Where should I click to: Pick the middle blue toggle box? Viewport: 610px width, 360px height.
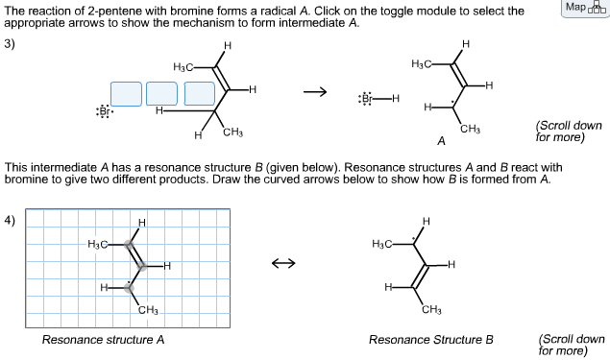click(x=162, y=93)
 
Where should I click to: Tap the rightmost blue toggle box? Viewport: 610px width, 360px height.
click(x=199, y=93)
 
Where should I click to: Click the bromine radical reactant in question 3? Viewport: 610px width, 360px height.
click(x=105, y=111)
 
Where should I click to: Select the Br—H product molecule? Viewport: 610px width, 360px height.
click(x=378, y=98)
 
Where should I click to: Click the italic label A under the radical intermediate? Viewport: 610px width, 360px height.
click(x=441, y=142)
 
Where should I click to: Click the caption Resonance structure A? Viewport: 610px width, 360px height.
click(x=104, y=340)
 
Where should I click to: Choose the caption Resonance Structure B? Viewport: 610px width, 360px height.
click(x=430, y=340)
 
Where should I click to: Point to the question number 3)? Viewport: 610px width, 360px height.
click(x=12, y=44)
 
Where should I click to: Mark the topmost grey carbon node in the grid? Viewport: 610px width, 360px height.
click(x=129, y=244)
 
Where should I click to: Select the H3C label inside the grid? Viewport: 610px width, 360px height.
click(x=99, y=244)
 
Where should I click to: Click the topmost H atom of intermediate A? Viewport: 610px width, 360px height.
click(x=466, y=44)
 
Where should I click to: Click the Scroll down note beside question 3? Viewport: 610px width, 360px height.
click(x=569, y=131)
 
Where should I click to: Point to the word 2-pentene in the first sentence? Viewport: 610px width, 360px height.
click(x=110, y=11)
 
